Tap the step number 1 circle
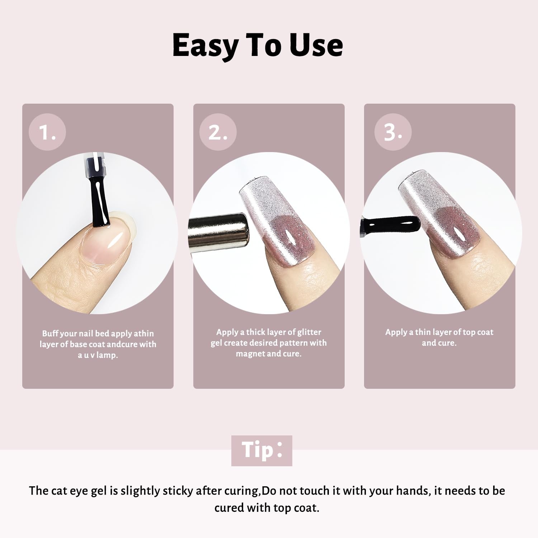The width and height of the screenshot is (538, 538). pos(47,132)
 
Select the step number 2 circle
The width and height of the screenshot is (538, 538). pos(218,132)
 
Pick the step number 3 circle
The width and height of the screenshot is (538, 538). pos(393,132)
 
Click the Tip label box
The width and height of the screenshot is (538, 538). pos(262,450)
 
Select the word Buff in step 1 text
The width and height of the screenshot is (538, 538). pos(50,333)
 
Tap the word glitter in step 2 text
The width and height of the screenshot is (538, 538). pos(309,332)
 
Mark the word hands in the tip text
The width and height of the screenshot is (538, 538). pos(414,491)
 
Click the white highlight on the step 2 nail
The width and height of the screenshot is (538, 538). pos(290,237)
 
